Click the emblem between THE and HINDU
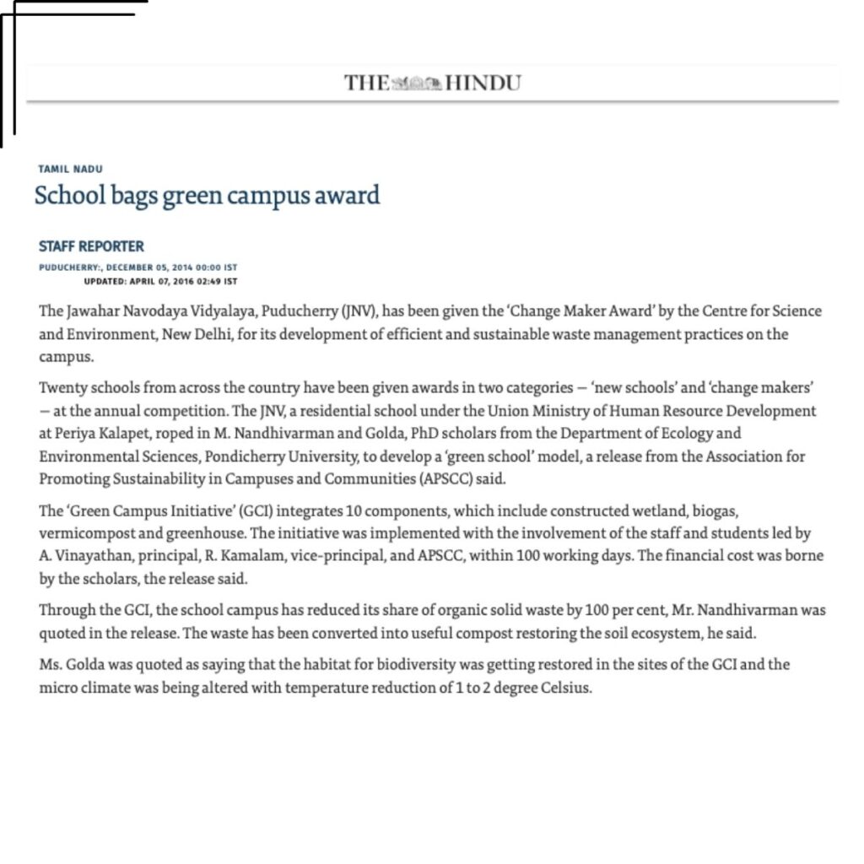[x=417, y=83]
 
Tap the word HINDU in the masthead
[x=483, y=83]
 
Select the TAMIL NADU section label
[x=71, y=170]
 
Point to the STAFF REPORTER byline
[x=91, y=246]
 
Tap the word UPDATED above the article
[x=105, y=281]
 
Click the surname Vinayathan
[x=88, y=556]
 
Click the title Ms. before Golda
[x=49, y=664]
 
